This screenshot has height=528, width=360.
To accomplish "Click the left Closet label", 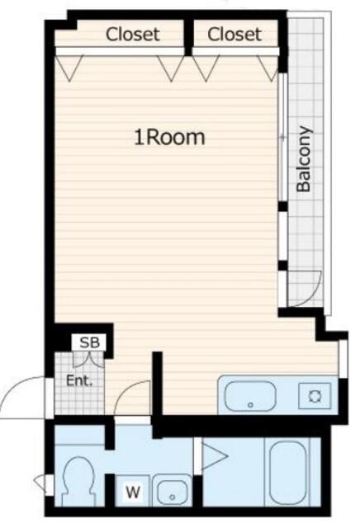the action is coord(132,35).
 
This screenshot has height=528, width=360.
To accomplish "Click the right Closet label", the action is coord(234,35).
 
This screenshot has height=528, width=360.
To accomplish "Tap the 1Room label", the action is coord(169,138).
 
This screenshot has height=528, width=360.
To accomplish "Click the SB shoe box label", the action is coord(90,342).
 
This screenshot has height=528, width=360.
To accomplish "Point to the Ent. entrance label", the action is coord(79,381).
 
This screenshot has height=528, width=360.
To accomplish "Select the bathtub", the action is coord(289,471).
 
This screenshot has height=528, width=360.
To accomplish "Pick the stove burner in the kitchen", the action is coord(315,396).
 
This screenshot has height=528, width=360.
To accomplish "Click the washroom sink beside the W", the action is coord(172,493).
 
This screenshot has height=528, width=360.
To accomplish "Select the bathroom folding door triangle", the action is coord(214,456).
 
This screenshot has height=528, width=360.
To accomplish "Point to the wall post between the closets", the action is coord(189,37).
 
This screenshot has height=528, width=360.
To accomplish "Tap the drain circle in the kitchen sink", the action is coord(250,405).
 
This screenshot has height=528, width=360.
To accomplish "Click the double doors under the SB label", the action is coord(88,359).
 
